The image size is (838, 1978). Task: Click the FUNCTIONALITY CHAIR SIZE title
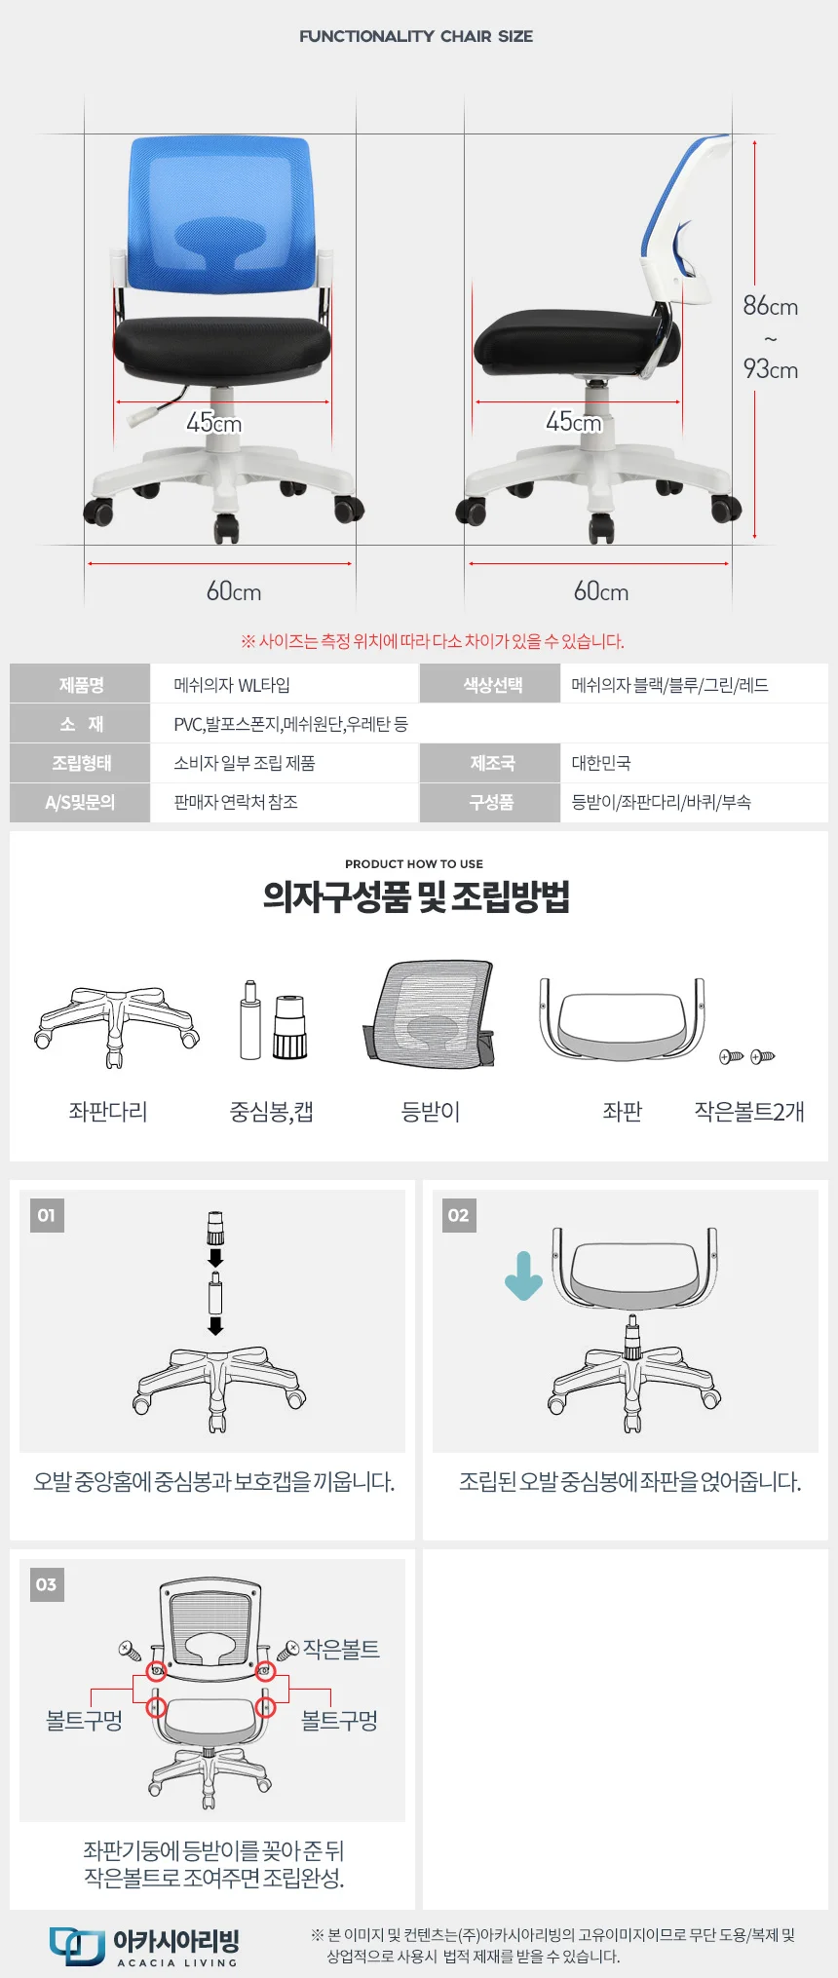point(416,36)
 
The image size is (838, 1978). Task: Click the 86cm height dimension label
point(771,306)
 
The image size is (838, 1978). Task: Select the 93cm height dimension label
point(771,369)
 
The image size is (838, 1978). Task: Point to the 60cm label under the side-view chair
point(601,591)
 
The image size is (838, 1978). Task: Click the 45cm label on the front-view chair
point(214,423)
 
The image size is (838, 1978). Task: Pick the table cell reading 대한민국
point(601,763)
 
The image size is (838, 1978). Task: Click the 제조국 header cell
point(491,763)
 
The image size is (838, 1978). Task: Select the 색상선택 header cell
point(491,685)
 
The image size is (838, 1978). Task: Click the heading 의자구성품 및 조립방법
point(416,896)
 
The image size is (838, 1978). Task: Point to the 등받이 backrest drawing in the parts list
point(429,1015)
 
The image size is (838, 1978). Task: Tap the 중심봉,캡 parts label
point(271,1112)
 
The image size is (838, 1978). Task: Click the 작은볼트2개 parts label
point(749,1112)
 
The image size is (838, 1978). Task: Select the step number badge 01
point(47,1215)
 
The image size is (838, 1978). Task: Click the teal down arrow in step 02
point(523,1276)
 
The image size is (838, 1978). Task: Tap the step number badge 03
point(47,1584)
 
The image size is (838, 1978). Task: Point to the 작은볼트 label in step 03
point(341,1649)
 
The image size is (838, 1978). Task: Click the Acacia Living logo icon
point(77,1946)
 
